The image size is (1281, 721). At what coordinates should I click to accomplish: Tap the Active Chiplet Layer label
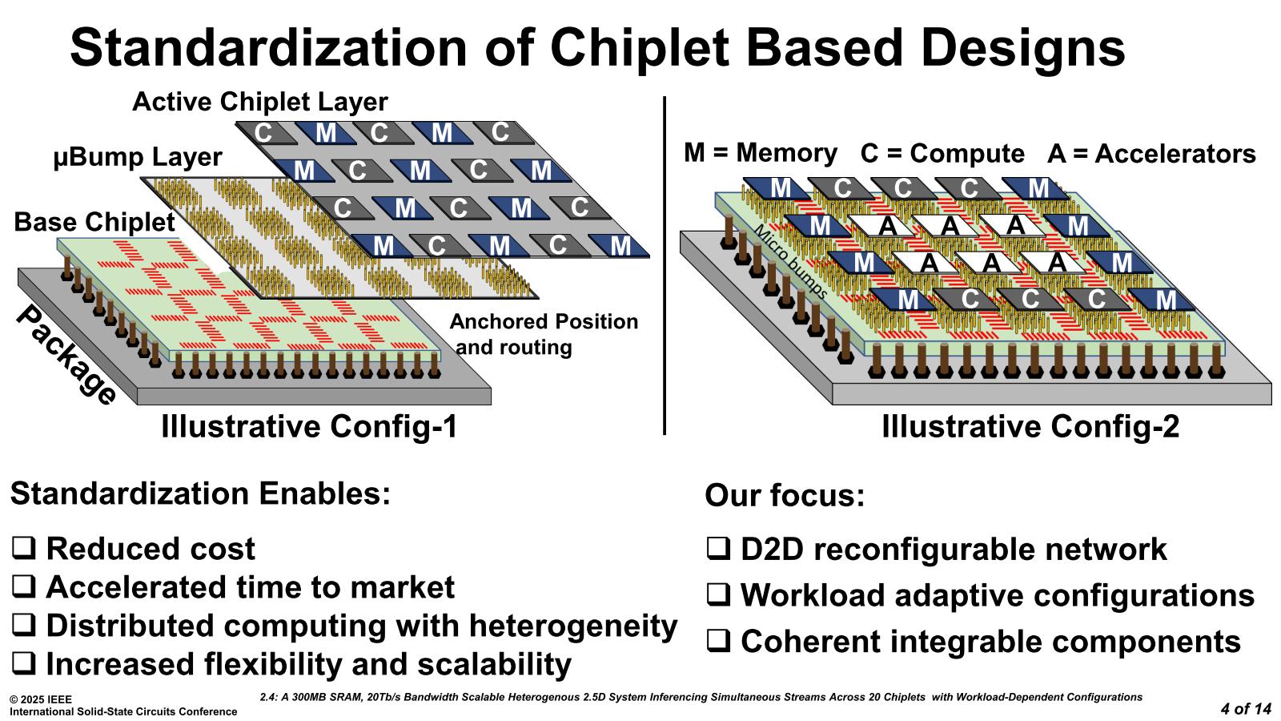click(259, 102)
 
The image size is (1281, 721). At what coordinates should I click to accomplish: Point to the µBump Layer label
click(138, 157)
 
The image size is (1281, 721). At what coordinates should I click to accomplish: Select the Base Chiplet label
click(94, 222)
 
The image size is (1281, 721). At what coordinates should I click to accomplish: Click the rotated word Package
click(66, 356)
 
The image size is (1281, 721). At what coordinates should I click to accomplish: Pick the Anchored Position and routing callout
click(544, 334)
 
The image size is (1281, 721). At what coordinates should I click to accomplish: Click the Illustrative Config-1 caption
click(309, 426)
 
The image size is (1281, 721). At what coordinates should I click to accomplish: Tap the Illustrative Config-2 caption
click(1030, 426)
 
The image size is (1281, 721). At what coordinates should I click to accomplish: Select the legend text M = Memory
click(760, 152)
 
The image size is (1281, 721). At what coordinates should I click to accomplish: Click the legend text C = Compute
click(942, 153)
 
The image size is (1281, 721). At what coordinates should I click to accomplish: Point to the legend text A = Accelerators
click(1151, 153)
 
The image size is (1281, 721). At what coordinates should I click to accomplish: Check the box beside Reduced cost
click(23, 549)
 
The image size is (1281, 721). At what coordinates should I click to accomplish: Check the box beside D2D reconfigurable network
click(717, 550)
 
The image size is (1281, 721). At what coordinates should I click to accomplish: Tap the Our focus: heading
click(785, 495)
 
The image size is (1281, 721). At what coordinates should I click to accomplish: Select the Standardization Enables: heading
click(200, 493)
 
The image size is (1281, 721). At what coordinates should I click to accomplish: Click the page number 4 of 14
click(1246, 708)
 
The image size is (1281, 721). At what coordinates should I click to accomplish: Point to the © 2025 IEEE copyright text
click(41, 699)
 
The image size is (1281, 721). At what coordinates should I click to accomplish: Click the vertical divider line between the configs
click(665, 264)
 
